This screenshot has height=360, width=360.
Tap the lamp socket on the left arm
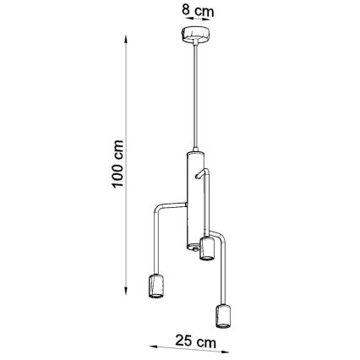156,286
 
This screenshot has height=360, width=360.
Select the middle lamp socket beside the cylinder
206,249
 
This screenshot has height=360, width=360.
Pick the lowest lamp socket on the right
224,316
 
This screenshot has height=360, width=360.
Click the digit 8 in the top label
188,11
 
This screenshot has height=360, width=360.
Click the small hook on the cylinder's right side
201,173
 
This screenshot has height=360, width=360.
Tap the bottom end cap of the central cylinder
192,247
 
